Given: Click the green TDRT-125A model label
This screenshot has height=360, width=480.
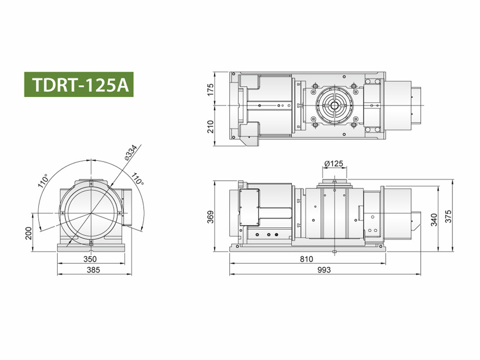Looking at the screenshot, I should coord(79,85).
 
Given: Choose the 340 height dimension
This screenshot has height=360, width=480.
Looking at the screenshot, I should coord(434,219).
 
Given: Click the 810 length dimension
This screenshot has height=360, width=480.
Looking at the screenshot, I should coord(307,260).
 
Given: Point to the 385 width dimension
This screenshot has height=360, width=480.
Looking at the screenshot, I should coord(93,270).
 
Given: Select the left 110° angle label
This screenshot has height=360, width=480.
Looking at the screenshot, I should coord(43,181).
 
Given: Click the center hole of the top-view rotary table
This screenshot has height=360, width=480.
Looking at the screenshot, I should coord(334,106).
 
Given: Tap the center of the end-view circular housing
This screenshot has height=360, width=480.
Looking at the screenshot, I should coord(90,213).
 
